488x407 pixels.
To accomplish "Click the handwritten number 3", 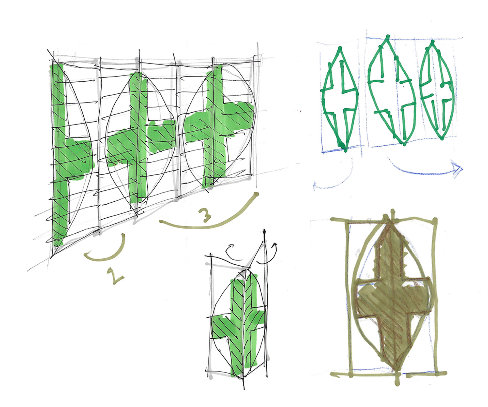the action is [205, 214].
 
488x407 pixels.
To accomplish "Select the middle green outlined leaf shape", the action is [391, 92].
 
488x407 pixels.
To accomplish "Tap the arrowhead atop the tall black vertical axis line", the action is [265, 232].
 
